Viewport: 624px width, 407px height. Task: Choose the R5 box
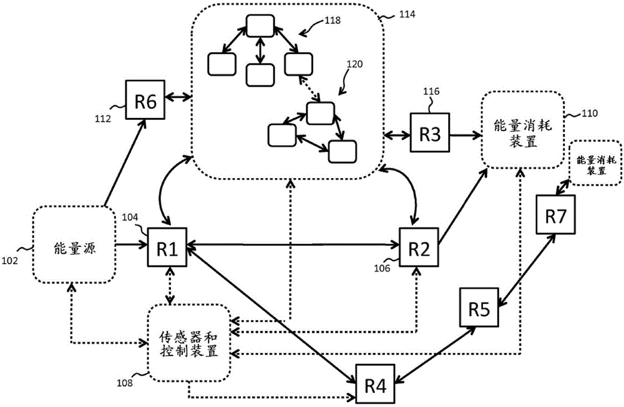[x=479, y=307]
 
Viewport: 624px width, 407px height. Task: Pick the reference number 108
[x=125, y=383]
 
